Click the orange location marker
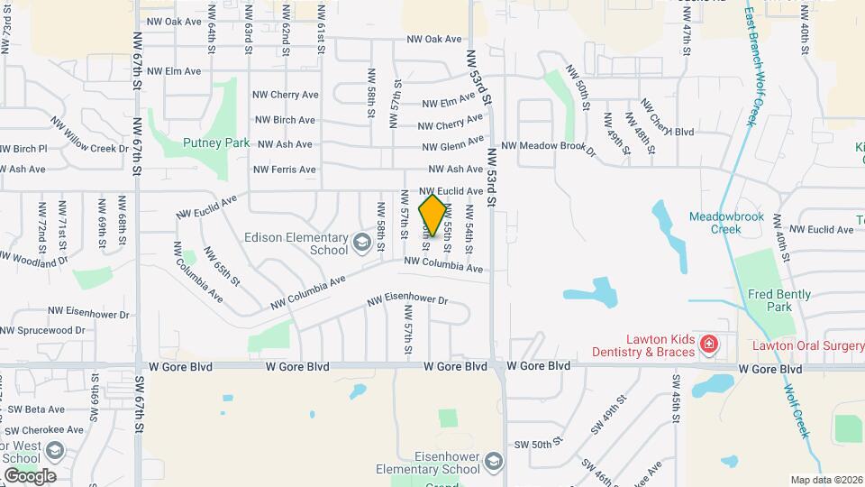click(x=432, y=216)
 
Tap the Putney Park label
click(x=215, y=142)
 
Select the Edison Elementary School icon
click(x=361, y=241)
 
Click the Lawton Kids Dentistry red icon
click(x=709, y=344)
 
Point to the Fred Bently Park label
click(x=778, y=300)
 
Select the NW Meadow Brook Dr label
click(x=549, y=145)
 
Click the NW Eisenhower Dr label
click(x=407, y=300)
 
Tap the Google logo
click(x=30, y=476)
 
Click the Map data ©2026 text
click(x=826, y=480)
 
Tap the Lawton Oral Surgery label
click(x=808, y=345)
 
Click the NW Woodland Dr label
click(x=33, y=259)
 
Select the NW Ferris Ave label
click(x=284, y=170)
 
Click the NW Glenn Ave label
click(x=456, y=145)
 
